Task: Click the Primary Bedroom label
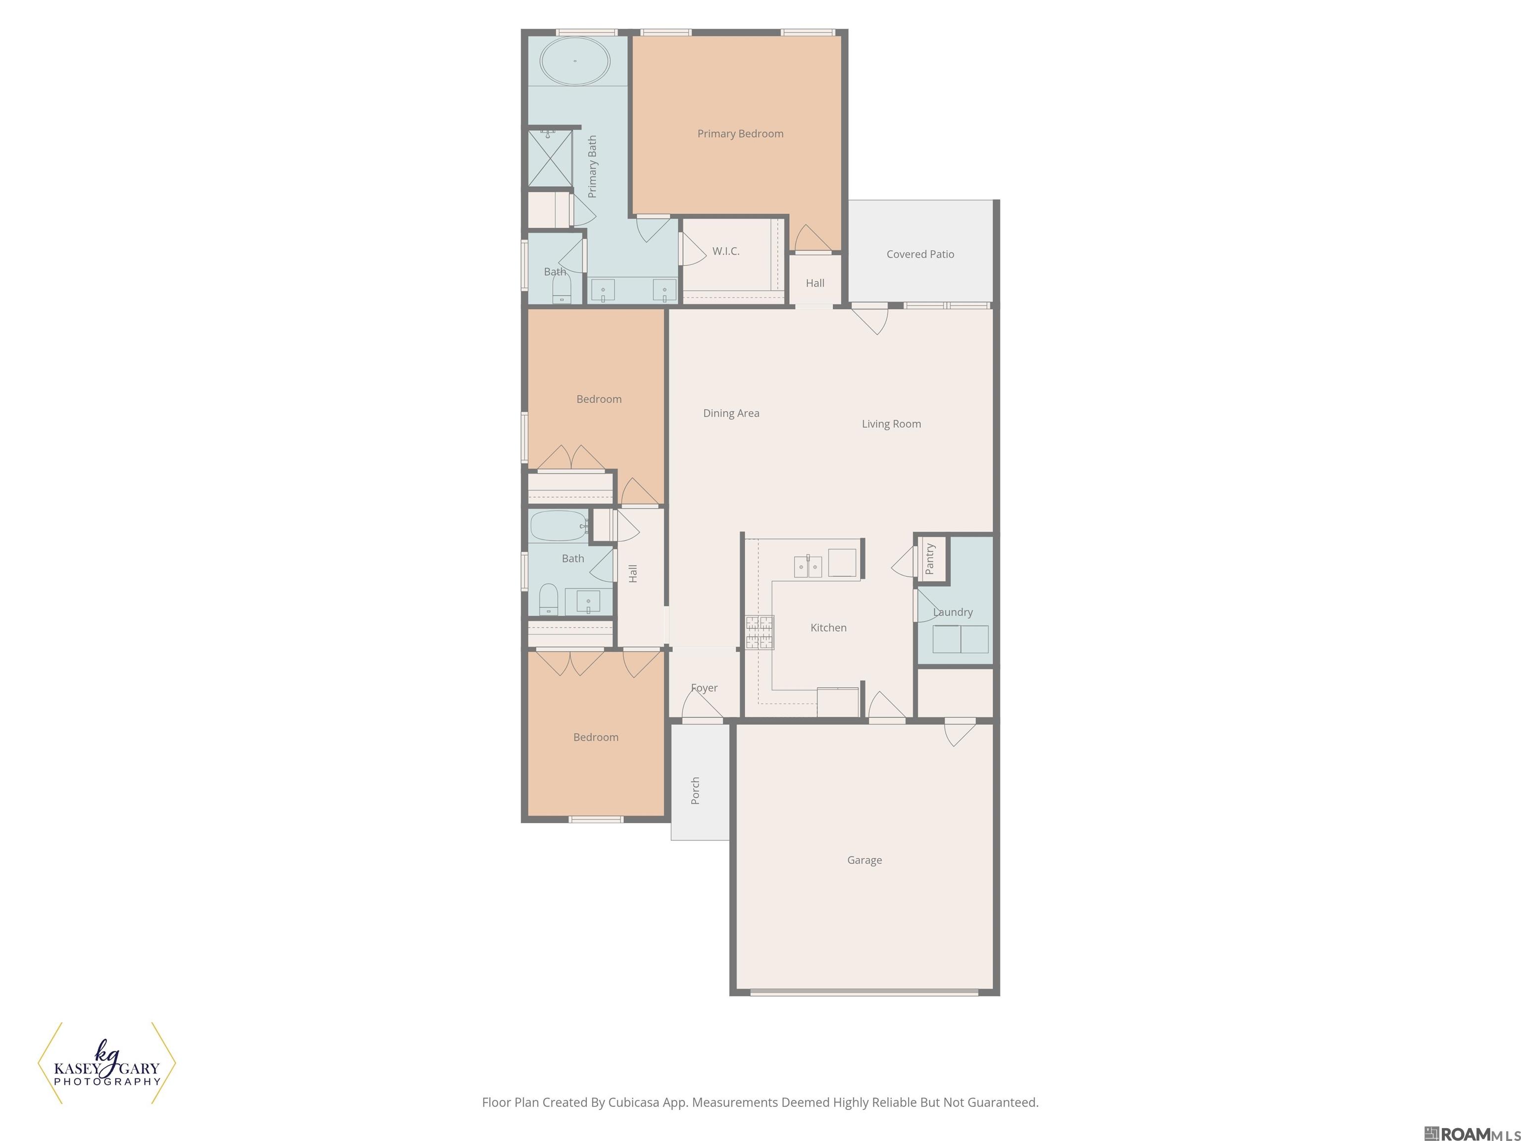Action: coord(740,133)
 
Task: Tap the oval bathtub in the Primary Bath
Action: coord(575,61)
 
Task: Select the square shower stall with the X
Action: coord(550,158)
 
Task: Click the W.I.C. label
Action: coord(725,252)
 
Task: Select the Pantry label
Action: coord(930,559)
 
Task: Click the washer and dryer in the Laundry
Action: coord(960,639)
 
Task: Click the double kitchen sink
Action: coord(808,567)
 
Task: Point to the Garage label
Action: coord(864,860)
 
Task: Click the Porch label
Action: coord(695,790)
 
